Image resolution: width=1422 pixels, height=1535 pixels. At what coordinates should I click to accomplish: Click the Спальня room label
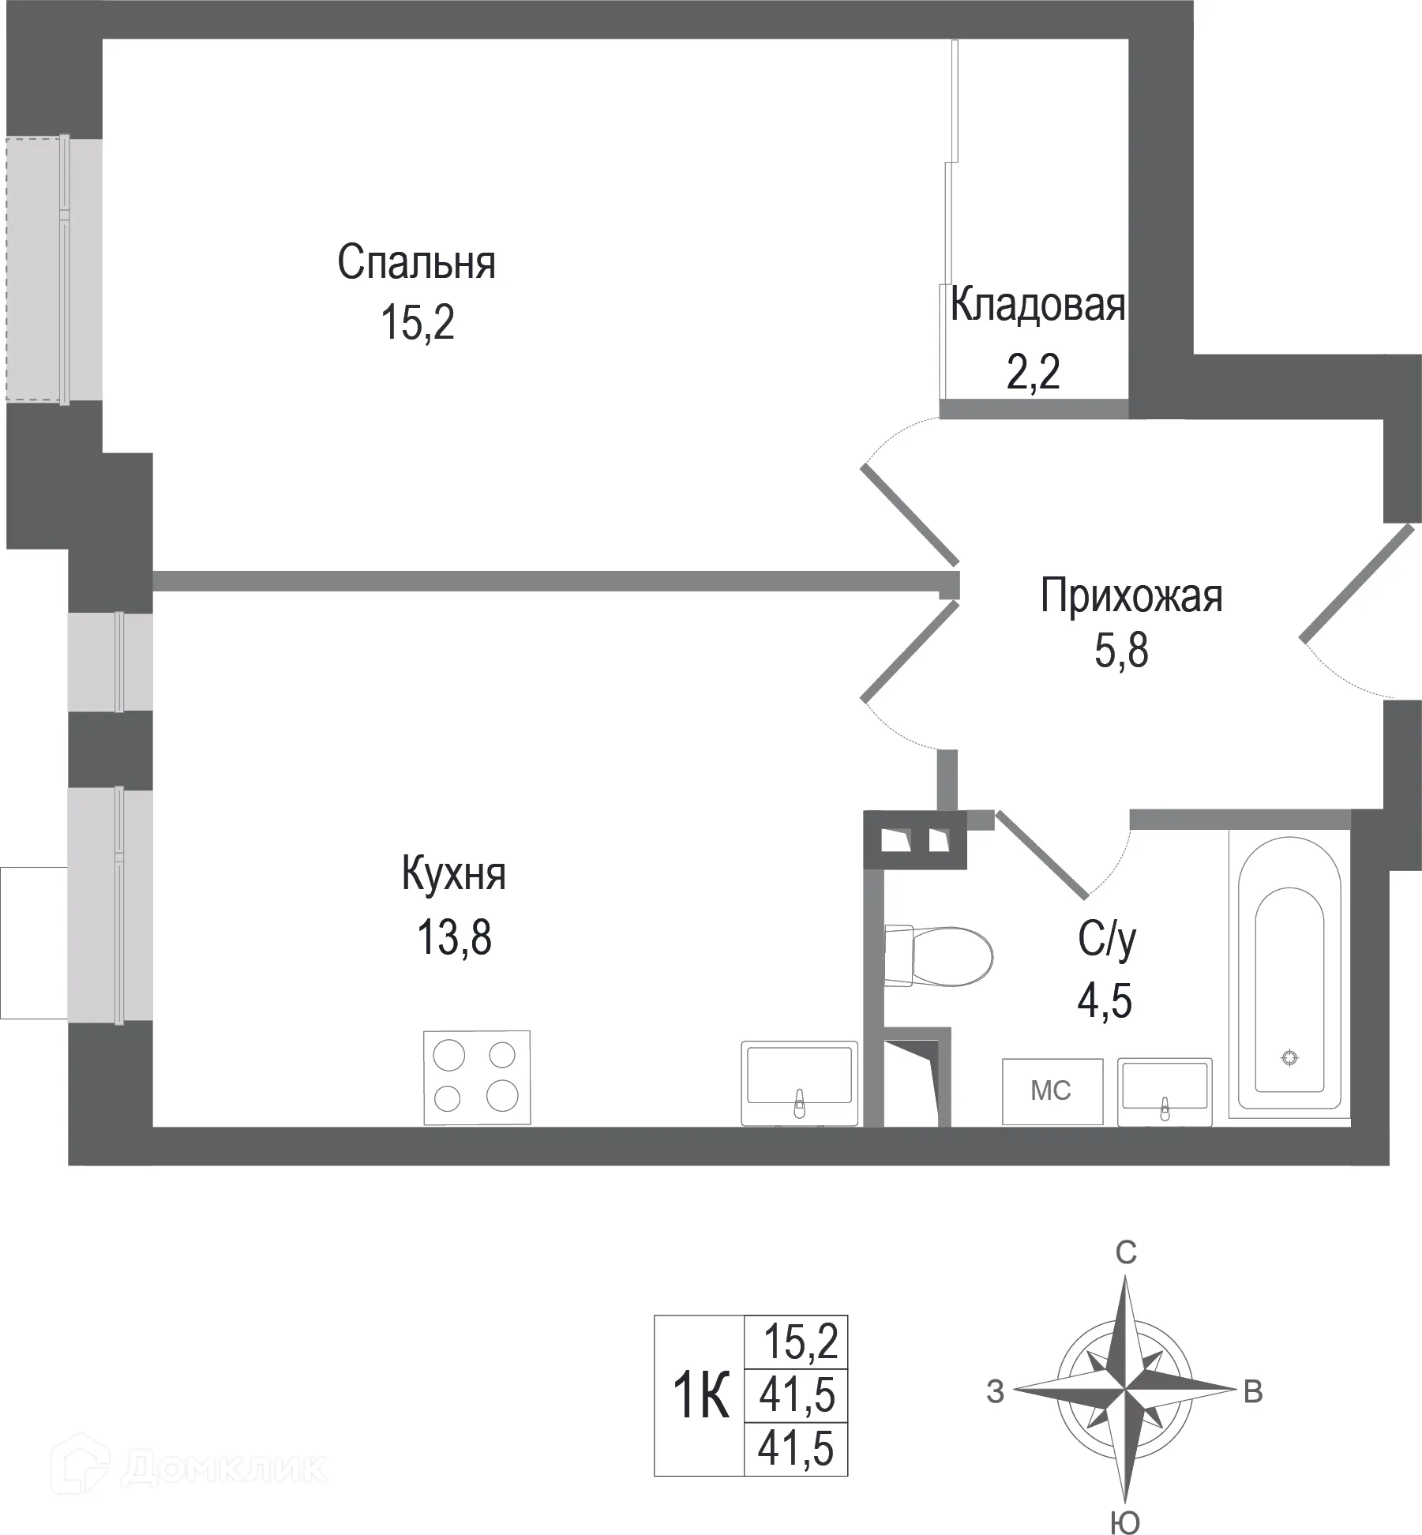point(416,263)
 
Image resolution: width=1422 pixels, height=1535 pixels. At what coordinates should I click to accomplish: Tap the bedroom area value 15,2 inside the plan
point(418,323)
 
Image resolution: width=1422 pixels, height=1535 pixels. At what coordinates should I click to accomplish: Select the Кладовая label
point(1037,305)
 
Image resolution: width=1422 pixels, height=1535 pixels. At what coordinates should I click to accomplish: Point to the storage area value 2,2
point(1033,372)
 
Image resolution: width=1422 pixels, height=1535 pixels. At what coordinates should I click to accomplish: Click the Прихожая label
point(1131,596)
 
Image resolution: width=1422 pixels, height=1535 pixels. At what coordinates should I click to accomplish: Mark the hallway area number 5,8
point(1121,652)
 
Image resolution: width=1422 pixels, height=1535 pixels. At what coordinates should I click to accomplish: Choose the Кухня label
point(453,875)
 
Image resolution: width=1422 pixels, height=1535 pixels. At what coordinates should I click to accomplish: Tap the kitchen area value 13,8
point(454,938)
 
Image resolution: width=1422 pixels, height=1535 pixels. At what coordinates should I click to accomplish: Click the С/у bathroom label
point(1107,940)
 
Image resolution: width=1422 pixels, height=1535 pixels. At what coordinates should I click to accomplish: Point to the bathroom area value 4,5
point(1105,1001)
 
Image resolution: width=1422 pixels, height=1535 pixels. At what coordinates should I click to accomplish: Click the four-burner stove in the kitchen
point(477,1077)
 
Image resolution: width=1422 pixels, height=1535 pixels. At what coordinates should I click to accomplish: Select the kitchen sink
point(799,1082)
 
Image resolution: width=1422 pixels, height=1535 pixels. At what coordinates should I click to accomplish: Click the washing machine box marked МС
point(1052,1091)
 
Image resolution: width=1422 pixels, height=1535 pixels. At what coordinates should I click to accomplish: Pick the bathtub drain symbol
point(1289,1058)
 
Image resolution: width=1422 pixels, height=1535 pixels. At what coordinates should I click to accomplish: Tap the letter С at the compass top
point(1125,1252)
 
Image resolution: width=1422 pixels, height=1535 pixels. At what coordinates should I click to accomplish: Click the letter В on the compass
point(1253,1392)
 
